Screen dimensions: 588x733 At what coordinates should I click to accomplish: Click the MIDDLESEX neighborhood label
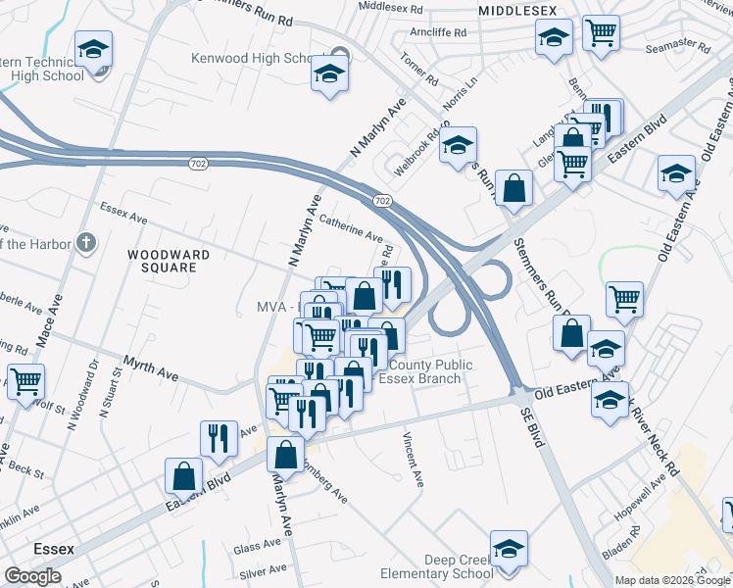[x=516, y=9]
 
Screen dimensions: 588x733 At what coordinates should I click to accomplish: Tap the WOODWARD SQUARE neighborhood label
[x=169, y=262]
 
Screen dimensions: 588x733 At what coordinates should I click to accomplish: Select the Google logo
[x=32, y=576]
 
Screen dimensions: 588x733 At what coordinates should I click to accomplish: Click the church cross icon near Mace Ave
[x=87, y=242]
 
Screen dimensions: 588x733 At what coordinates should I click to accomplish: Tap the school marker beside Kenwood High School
[x=330, y=74]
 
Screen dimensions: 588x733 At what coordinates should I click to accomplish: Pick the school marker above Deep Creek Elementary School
[x=509, y=551]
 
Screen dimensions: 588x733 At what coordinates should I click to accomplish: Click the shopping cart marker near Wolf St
[x=25, y=382]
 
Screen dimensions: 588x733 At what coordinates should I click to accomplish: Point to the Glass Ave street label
[x=258, y=547]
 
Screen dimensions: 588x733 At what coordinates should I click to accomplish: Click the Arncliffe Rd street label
[x=439, y=31]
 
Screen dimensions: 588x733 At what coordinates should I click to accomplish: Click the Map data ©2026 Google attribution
[x=671, y=580]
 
